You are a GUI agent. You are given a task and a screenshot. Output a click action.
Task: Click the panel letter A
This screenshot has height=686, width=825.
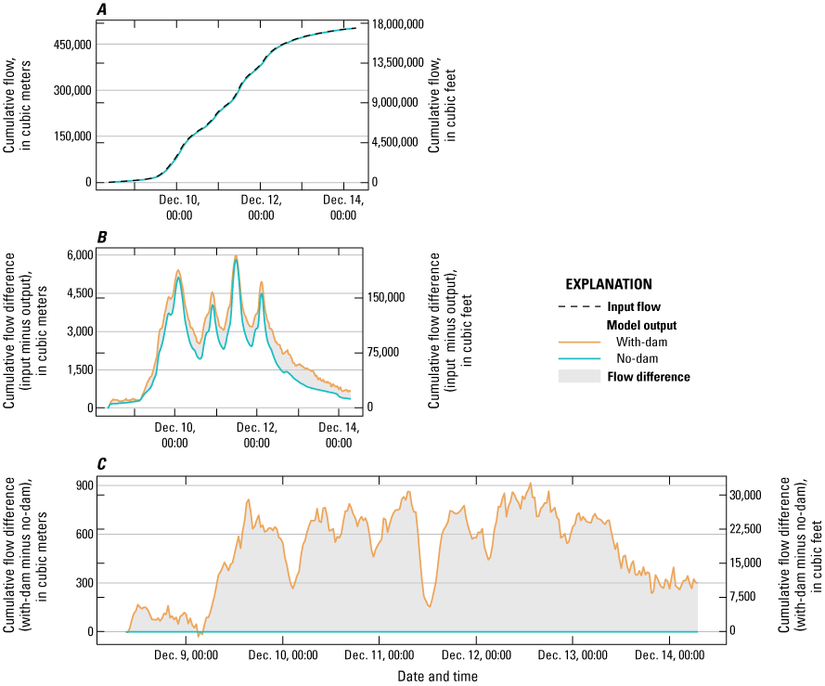[102, 10]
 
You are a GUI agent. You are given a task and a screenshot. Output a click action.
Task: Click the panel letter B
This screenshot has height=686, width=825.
[102, 238]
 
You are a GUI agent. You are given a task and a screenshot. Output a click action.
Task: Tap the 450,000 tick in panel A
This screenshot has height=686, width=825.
[70, 45]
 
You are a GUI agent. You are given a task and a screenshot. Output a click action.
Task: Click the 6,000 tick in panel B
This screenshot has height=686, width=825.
[81, 255]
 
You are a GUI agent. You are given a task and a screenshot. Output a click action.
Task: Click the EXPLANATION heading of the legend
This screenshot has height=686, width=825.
[609, 285]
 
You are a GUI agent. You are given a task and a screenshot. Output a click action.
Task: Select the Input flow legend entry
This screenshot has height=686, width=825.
[635, 307]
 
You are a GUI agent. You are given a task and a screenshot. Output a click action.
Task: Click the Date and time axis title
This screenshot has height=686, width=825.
[437, 677]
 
